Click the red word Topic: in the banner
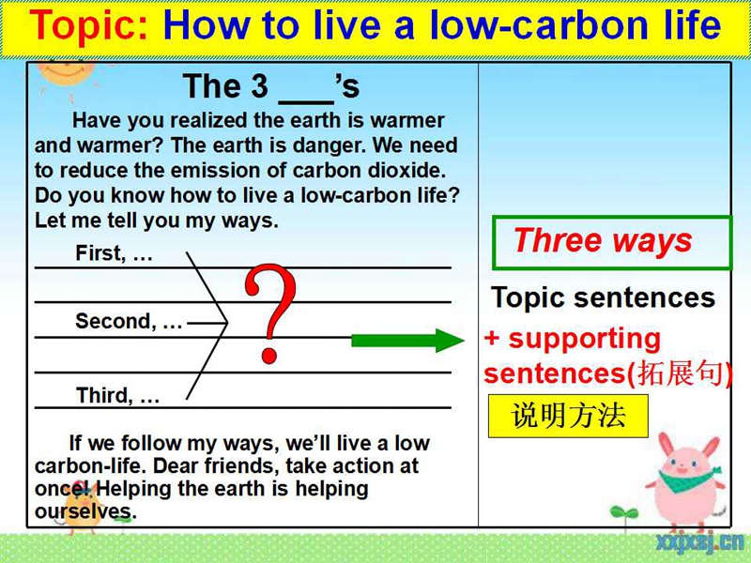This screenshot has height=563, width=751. pos(89,25)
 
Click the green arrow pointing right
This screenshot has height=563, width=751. pos(407,341)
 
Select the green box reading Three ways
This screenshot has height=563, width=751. pos(612,243)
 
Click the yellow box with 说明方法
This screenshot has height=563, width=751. pos(568,416)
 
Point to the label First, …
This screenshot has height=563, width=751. pos(114,253)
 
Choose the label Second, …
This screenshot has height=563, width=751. pos(129,321)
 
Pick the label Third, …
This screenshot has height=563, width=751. pos(118,395)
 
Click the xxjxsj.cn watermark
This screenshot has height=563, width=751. pos(699,544)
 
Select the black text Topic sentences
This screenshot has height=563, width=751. pos(603,297)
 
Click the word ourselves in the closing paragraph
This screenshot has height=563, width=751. pos(85,511)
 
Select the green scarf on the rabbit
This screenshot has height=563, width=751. pos(688,479)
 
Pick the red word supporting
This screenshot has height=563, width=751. pos(584,340)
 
